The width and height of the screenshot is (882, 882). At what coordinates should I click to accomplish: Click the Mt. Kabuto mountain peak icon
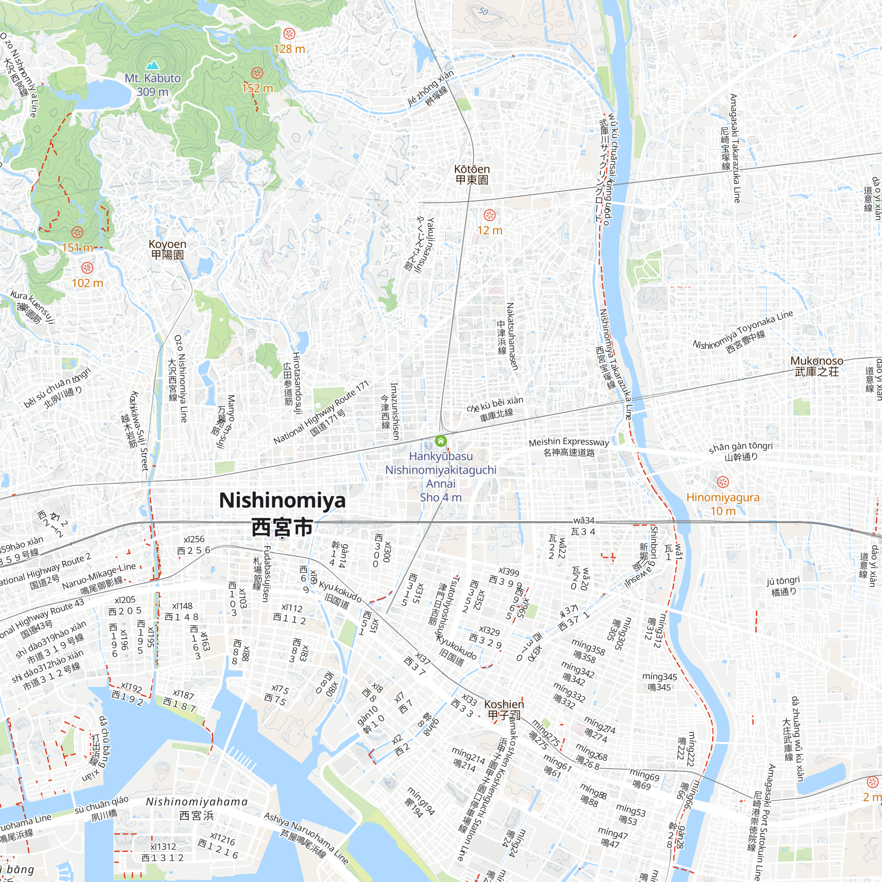point(152,65)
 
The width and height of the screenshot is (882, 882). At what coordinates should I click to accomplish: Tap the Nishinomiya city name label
point(282,501)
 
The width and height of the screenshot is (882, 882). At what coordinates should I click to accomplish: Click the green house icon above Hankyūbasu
point(441,441)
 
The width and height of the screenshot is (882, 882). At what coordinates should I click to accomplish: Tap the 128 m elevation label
point(289,49)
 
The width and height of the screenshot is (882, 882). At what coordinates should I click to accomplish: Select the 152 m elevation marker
point(257,73)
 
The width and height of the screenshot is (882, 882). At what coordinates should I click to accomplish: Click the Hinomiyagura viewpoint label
point(723,497)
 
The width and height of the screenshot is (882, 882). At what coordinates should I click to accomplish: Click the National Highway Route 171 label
point(321,413)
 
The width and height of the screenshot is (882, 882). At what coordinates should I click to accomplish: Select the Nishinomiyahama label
point(196,802)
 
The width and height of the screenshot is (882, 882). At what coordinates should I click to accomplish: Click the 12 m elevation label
point(490,231)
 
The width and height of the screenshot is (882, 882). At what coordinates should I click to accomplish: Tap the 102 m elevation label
point(87,283)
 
